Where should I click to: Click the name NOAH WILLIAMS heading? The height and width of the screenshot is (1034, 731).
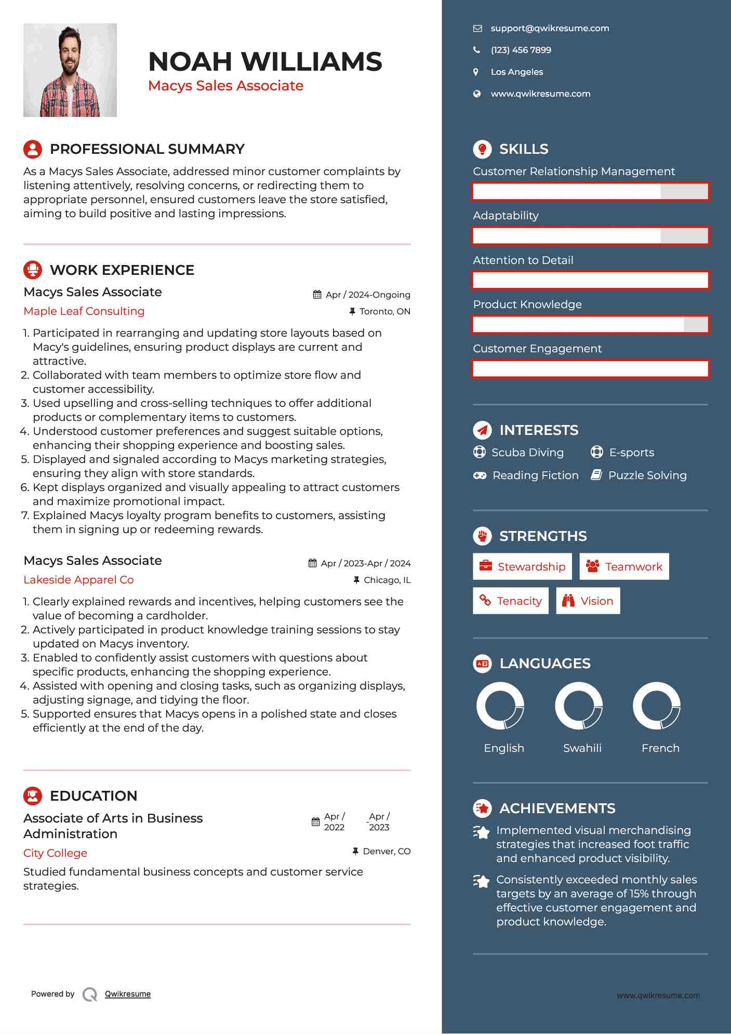tap(265, 62)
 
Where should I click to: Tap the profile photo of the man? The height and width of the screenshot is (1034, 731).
tap(70, 70)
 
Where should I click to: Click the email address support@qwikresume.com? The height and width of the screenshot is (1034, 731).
tap(550, 29)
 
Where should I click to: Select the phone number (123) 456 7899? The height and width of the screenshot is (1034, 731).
tap(521, 50)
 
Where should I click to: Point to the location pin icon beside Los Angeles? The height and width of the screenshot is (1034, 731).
tap(476, 72)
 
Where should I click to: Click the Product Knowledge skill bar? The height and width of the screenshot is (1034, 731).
tap(590, 325)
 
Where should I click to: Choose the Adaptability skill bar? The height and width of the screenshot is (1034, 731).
tap(590, 236)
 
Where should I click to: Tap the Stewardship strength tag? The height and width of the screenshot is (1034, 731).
tap(522, 567)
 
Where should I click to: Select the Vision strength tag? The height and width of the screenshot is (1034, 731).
tap(588, 601)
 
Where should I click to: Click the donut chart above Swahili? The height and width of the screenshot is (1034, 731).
tap(579, 706)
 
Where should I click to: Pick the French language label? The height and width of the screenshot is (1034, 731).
tap(660, 748)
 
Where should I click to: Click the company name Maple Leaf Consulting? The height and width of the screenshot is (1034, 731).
tap(84, 311)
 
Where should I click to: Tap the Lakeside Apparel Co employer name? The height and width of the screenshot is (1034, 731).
tap(78, 580)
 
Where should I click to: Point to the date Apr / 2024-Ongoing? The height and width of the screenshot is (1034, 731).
tap(367, 295)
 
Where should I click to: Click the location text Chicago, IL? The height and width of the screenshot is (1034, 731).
tap(387, 580)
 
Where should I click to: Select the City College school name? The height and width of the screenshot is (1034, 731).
tap(55, 853)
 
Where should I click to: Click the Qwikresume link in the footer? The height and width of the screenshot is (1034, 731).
tap(128, 994)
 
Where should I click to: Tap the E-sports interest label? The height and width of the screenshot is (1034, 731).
tap(631, 453)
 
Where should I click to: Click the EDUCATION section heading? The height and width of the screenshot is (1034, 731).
tap(94, 796)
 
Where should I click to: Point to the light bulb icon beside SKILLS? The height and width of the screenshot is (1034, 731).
tap(482, 149)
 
